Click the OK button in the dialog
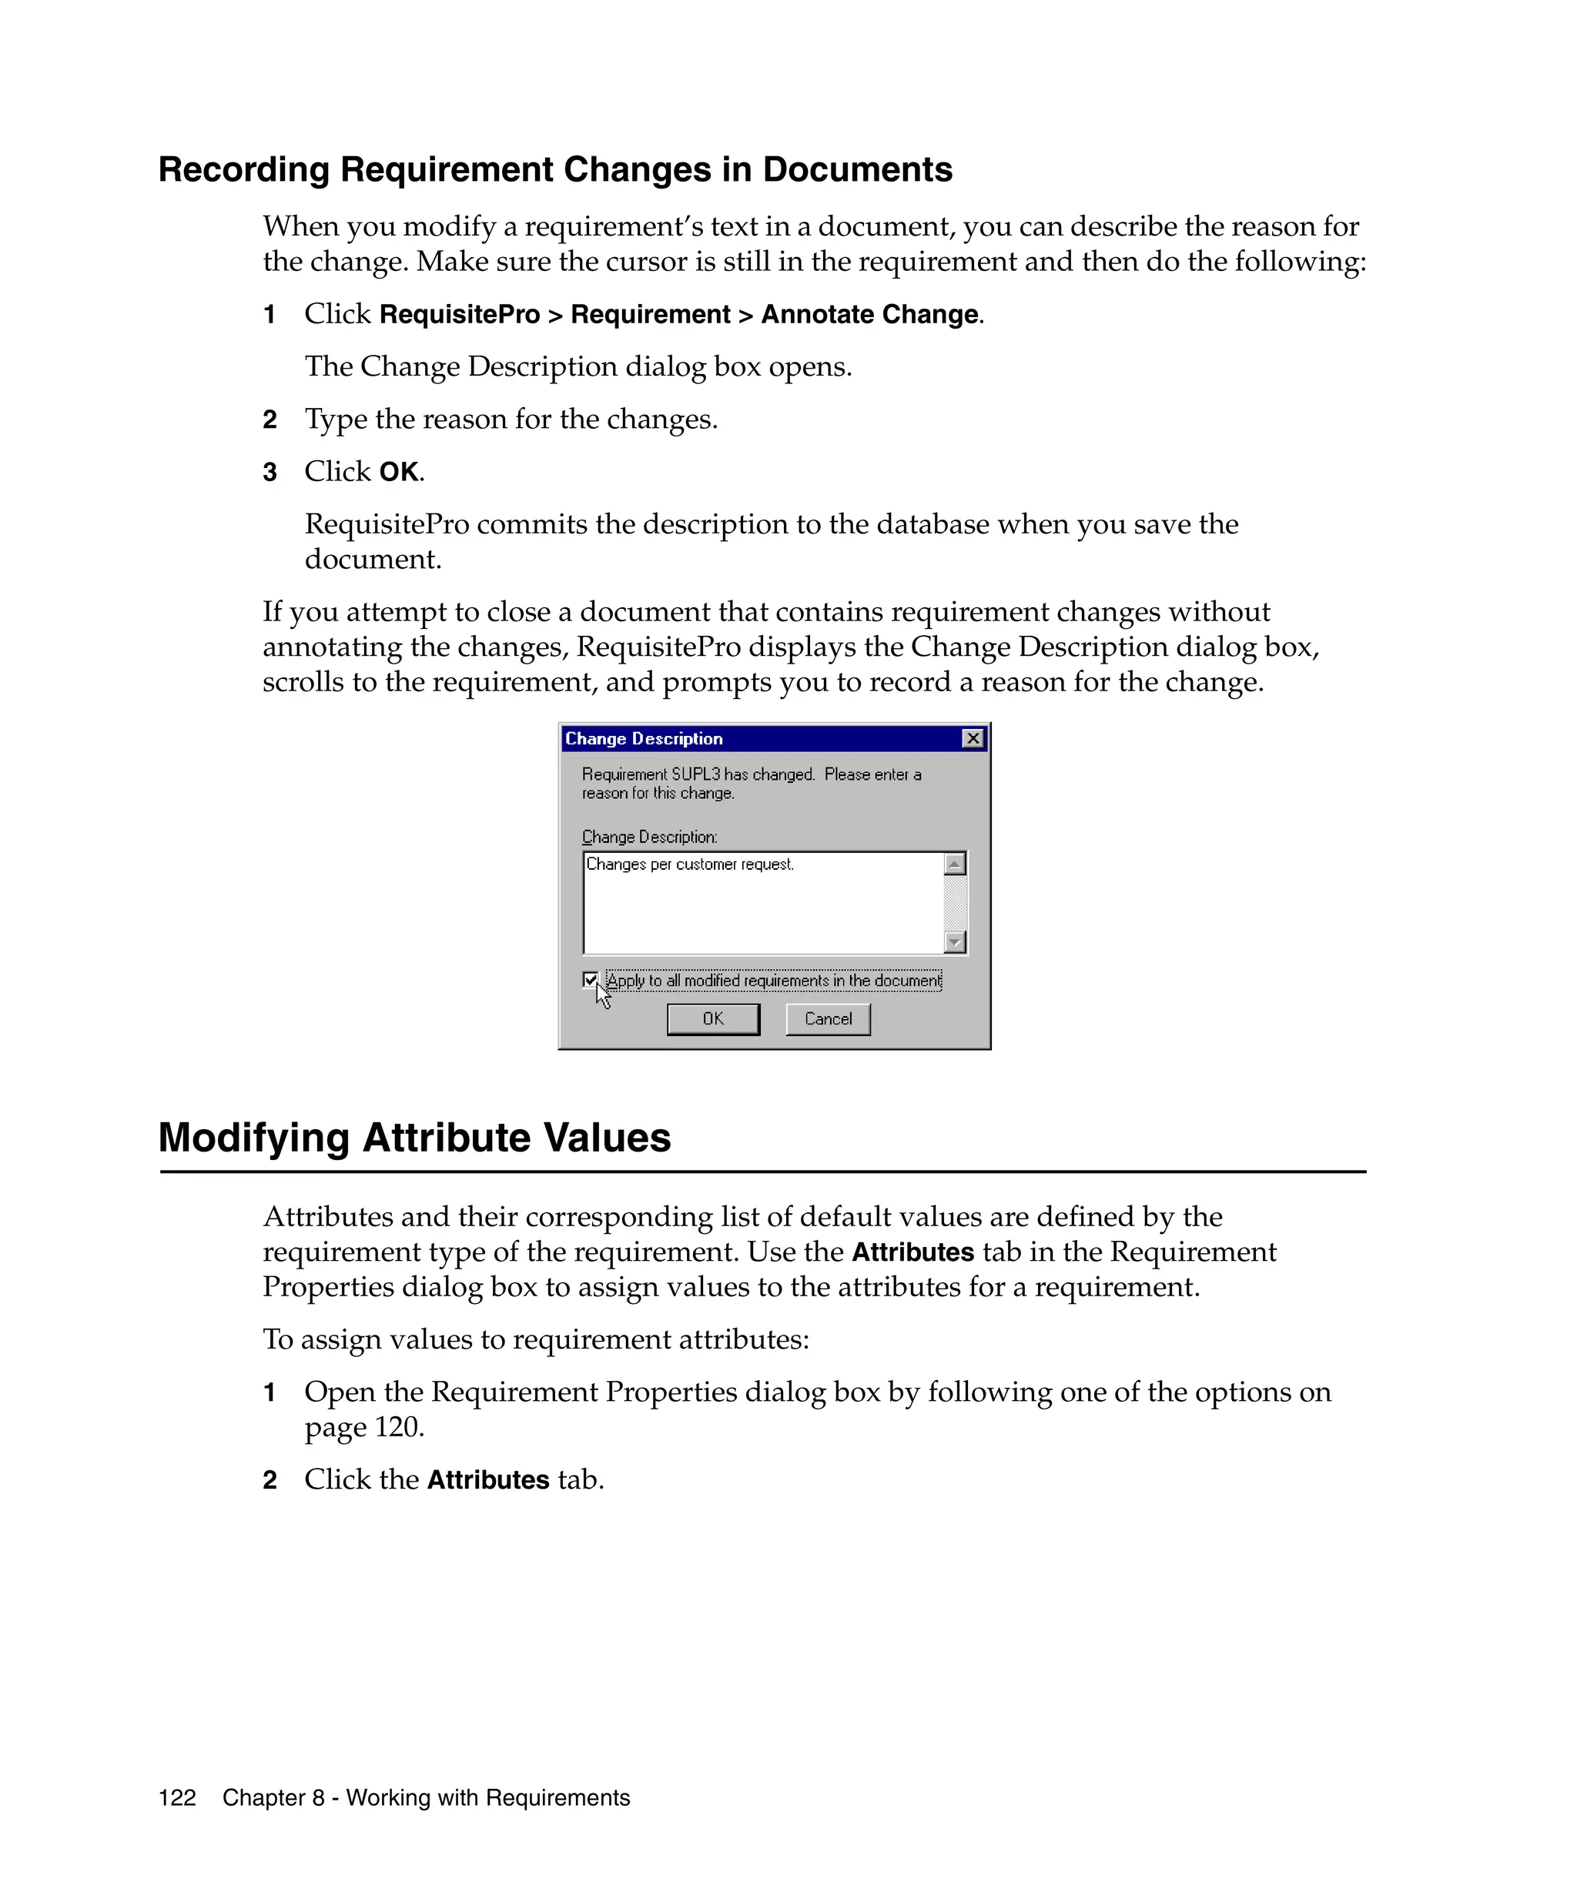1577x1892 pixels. tap(713, 1019)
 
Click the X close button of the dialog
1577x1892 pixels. tap(973, 739)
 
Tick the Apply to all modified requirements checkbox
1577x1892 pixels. tap(591, 979)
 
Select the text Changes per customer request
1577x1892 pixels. tap(689, 865)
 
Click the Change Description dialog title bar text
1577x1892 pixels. tap(644, 739)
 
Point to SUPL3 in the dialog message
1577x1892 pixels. tap(695, 775)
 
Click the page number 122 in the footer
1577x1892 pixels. tap(176, 1798)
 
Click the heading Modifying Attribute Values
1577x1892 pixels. tap(414, 1138)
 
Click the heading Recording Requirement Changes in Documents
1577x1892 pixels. tap(555, 169)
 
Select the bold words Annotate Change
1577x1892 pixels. tap(869, 314)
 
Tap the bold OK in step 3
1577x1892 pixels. tap(398, 472)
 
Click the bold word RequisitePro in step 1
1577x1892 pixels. tap(460, 314)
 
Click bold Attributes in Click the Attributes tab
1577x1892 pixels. tap(487, 1480)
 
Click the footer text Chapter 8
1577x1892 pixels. tap(273, 1798)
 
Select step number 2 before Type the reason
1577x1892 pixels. tap(270, 420)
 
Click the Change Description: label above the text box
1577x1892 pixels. tap(649, 837)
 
